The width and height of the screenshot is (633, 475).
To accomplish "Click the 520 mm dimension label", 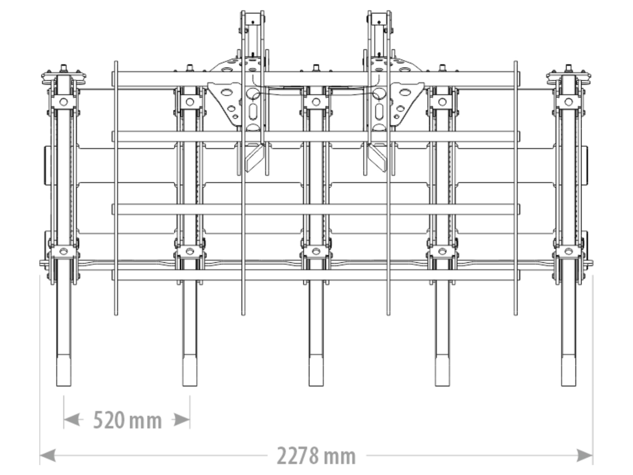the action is pos(127,420).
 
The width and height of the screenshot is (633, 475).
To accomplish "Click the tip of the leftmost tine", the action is pos(64,386).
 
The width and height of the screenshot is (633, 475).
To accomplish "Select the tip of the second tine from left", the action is pos(190,386).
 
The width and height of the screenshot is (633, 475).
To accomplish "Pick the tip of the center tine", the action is pos(316,386).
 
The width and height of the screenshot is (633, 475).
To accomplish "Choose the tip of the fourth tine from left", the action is pos(442,386).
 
